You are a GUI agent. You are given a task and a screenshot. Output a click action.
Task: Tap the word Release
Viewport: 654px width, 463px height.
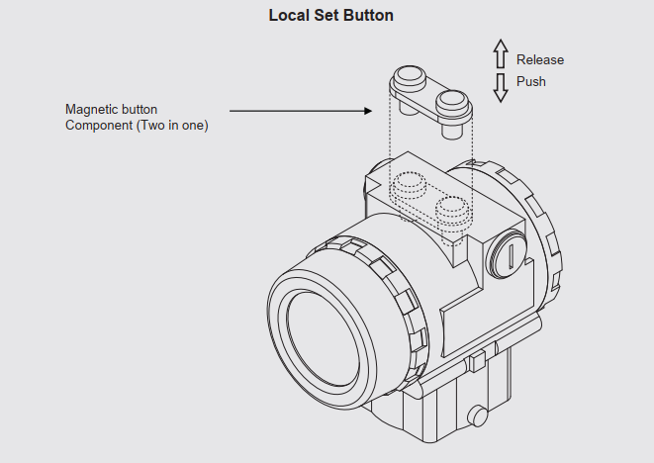coord(540,60)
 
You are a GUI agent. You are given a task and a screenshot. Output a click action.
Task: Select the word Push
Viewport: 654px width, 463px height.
coord(530,81)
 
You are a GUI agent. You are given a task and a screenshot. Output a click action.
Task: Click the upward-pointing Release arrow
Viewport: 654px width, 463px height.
coord(501,53)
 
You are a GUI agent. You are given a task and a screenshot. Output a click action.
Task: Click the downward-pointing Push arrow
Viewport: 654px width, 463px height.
coord(501,87)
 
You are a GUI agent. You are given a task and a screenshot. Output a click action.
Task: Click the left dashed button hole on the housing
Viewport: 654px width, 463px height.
coord(408,184)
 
